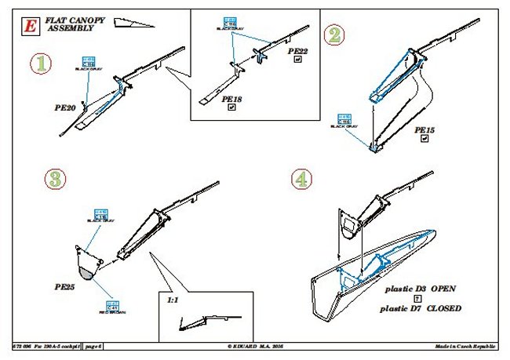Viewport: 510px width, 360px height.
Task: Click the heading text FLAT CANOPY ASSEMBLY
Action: [70, 24]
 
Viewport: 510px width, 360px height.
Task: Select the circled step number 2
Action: [336, 35]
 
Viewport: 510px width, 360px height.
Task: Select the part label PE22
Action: [297, 52]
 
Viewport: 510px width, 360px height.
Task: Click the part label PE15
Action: [424, 129]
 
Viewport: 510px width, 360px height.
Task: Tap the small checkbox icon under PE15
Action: [424, 140]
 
